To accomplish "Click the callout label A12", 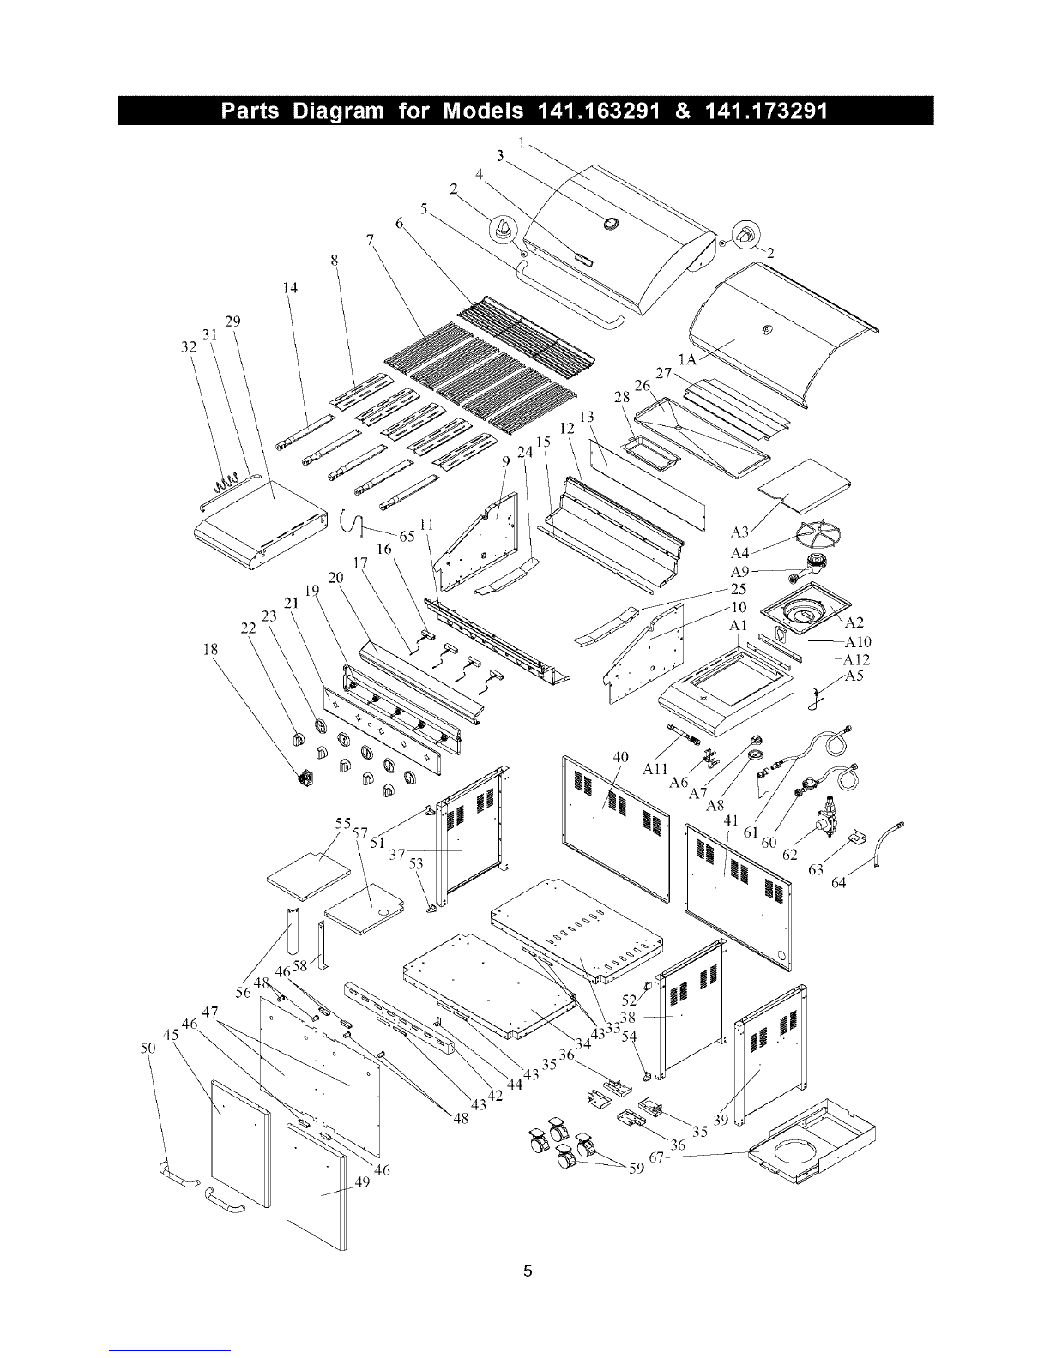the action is pos(857,659).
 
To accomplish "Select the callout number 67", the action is pos(656,1157).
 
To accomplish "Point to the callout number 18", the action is pos(211,649).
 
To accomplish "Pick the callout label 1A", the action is pos(687,359).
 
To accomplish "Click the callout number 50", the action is pos(148,1048).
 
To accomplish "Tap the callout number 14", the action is pos(290,287).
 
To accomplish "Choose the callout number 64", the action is pos(839,882).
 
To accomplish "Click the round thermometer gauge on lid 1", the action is pos(611,223).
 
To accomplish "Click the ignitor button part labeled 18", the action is pos(305,778).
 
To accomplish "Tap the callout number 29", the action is pos(232,321).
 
